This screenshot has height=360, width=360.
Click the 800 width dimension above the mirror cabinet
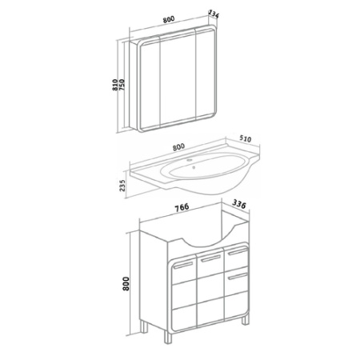[x=169, y=19]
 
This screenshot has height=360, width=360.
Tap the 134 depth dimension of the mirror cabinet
[x=214, y=14]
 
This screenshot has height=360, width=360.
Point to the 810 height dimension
[x=115, y=85]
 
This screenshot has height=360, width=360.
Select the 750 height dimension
[x=122, y=85]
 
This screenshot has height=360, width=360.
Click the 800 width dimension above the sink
[x=178, y=146]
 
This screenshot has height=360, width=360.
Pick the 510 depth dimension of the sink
[x=245, y=138]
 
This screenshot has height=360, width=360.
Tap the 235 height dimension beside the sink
[x=122, y=186]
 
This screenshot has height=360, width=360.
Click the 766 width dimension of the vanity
[x=182, y=207]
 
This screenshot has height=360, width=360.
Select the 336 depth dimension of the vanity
[x=239, y=204]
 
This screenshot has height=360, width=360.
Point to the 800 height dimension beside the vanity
[x=126, y=284]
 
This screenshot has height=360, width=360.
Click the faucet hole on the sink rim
[x=190, y=160]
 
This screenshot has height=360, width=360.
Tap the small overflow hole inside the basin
[x=194, y=167]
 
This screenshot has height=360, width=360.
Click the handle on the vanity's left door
[x=183, y=265]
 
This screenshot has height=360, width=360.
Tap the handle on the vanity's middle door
[x=210, y=258]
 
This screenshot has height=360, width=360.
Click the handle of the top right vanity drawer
[x=238, y=251]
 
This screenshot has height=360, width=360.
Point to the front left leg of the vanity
[x=169, y=337]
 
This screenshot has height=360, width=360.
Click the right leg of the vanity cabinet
[x=246, y=319]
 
